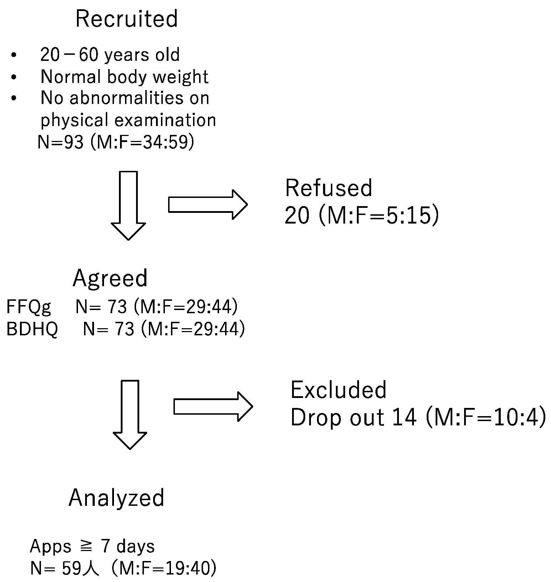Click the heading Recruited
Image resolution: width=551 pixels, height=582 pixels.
click(126, 19)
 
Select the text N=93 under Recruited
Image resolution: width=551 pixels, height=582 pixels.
click(61, 142)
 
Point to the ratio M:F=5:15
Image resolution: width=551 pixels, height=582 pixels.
click(378, 215)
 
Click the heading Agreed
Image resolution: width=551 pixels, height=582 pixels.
click(110, 278)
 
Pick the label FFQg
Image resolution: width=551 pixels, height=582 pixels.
click(28, 307)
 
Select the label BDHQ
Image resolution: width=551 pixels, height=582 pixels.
click(32, 329)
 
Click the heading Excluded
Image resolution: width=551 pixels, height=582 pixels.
click(338, 390)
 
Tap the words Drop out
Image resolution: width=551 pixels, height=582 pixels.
click(337, 418)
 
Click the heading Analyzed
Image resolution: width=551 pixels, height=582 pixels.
click(116, 498)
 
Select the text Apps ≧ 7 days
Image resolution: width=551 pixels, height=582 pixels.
click(92, 546)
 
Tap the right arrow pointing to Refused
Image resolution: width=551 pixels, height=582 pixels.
click(208, 205)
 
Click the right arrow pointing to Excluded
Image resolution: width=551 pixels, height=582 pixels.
click(213, 407)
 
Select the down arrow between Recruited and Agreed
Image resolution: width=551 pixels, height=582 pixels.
click(128, 205)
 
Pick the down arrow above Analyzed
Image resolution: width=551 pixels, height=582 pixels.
click(130, 414)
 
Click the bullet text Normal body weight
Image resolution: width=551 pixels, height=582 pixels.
click(124, 77)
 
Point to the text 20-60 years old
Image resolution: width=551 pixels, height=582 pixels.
click(110, 55)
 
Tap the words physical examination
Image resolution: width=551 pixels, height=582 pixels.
click(128, 120)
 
